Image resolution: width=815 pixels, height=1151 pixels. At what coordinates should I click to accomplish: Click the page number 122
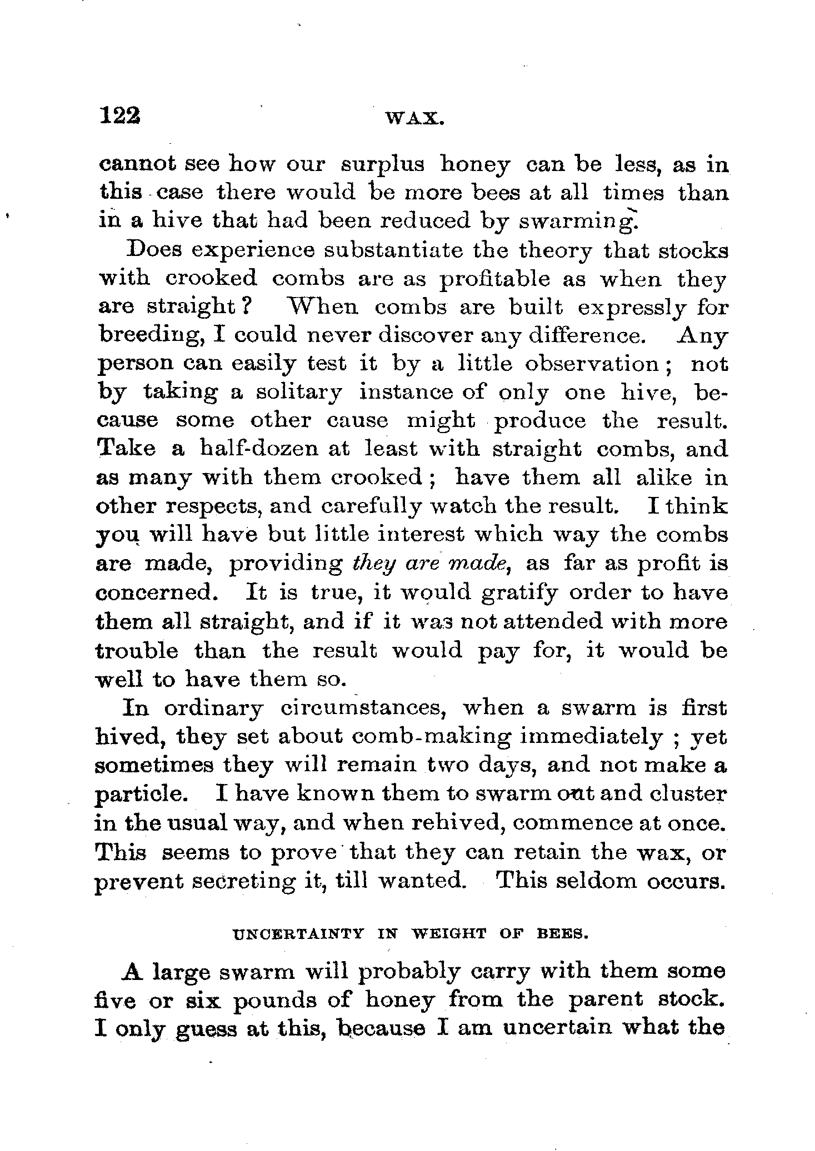click(119, 116)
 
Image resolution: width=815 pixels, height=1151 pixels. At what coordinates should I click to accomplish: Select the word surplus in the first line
click(382, 165)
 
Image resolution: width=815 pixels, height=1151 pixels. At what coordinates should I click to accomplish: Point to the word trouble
click(137, 650)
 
